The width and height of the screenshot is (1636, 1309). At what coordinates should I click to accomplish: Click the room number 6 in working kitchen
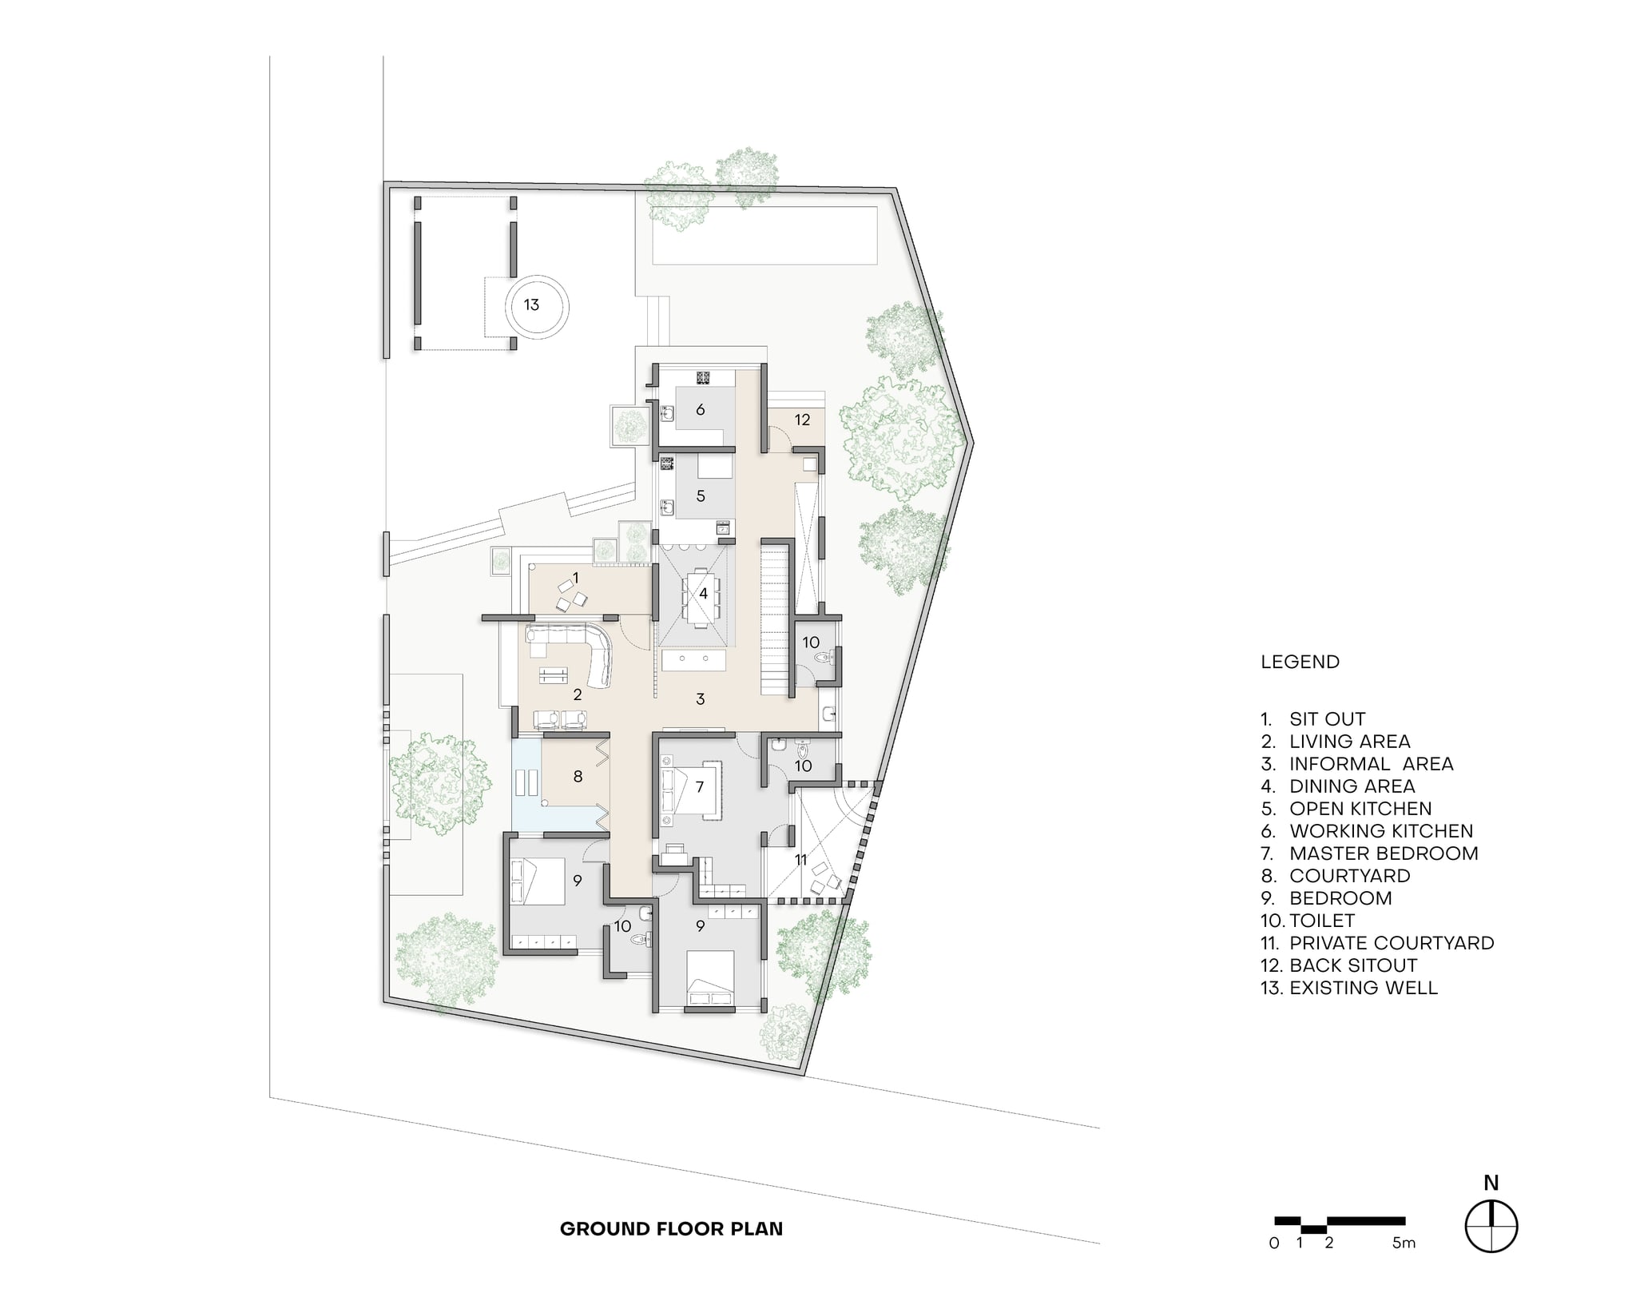click(701, 410)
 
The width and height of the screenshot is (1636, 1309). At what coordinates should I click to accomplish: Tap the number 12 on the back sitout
click(802, 420)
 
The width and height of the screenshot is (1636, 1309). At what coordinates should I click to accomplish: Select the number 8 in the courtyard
click(578, 776)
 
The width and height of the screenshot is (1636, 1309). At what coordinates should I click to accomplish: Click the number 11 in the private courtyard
click(801, 860)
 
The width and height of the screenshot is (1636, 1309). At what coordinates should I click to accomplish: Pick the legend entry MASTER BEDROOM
click(1384, 853)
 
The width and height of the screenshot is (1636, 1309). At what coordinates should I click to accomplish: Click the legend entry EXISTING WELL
click(1363, 988)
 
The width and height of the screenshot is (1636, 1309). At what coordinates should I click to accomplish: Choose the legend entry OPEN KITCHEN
click(1360, 809)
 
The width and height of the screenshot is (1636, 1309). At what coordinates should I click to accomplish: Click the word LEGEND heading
click(1300, 662)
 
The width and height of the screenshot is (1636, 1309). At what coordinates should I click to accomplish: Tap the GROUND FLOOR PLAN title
click(671, 1229)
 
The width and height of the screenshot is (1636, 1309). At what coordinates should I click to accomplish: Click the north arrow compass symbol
click(1491, 1227)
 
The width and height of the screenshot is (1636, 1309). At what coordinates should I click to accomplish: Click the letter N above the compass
click(1491, 1184)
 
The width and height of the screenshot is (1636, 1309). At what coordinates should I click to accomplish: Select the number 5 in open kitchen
click(701, 496)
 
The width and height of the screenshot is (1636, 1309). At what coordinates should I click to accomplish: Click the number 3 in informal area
click(701, 699)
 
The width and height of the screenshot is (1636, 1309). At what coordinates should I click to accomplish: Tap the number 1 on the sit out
click(575, 577)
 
